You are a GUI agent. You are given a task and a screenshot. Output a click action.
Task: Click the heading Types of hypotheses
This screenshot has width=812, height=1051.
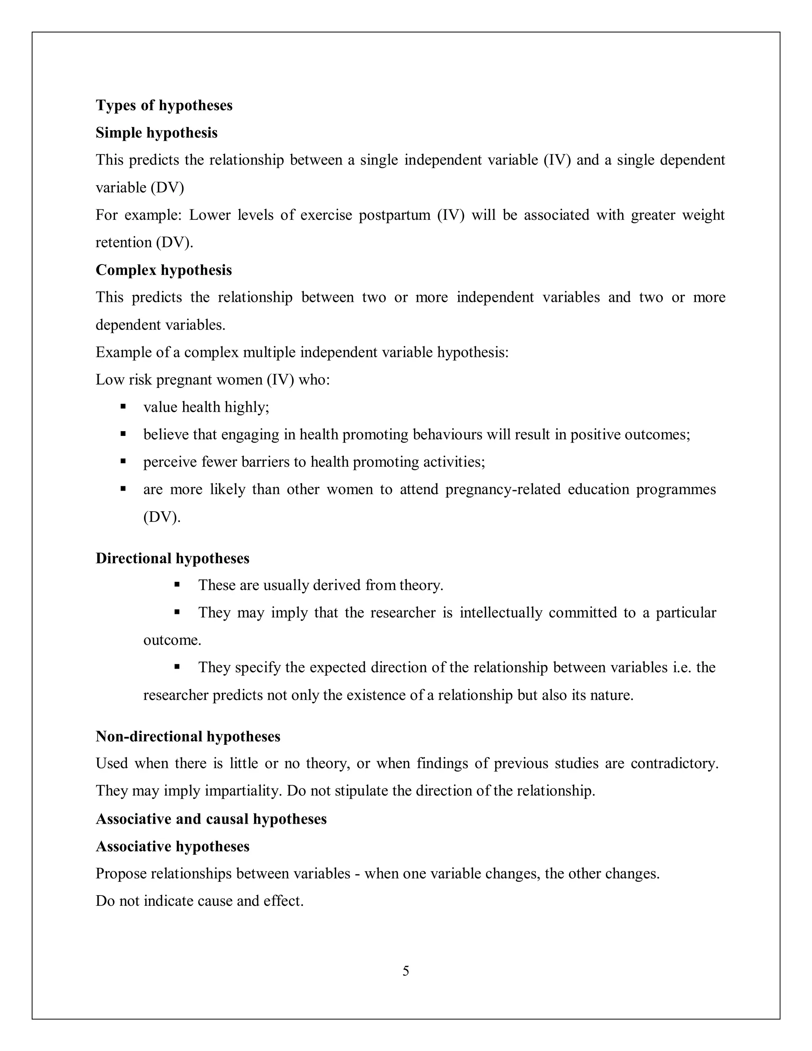[164, 105]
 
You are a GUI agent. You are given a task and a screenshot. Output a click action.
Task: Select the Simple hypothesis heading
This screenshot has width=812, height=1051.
[156, 133]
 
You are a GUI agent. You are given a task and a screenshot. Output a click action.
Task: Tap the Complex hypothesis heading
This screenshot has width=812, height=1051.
[164, 270]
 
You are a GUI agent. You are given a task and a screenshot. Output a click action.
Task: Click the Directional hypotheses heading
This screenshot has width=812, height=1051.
[172, 558]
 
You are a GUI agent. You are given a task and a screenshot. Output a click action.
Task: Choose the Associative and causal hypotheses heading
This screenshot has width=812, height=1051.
[211, 819]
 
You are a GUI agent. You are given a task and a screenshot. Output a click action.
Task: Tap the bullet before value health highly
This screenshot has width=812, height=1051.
[123, 407]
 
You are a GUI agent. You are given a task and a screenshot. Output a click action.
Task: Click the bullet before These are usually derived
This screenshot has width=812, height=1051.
[177, 585]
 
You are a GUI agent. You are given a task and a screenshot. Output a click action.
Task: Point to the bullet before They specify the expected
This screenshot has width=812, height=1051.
[177, 667]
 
